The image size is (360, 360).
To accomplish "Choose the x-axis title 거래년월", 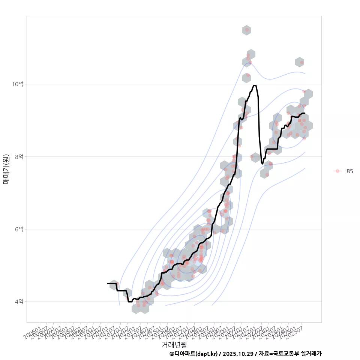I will click(174, 344).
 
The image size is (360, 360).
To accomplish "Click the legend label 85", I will click(349, 171).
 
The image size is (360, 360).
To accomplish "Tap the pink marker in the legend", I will click(337, 171).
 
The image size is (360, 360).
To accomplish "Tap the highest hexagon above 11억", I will click(246, 30).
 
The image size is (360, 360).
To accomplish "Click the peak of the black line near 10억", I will click(255, 85).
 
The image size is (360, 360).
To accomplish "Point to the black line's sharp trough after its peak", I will click(262, 164).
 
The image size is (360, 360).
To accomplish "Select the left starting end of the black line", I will click(108, 283).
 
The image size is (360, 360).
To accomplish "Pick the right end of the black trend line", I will click(305, 113).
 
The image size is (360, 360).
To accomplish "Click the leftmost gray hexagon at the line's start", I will click(114, 285).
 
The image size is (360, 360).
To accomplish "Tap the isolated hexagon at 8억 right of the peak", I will click(255, 157).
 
